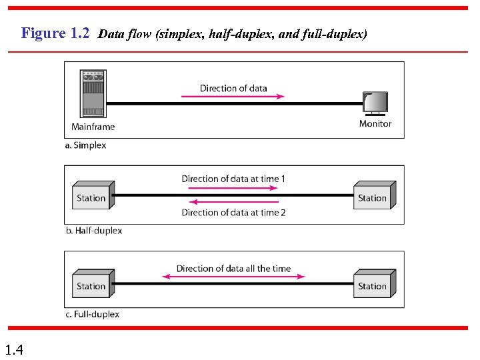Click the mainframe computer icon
point(93,93)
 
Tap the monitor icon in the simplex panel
point(375,103)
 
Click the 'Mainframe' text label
point(93,127)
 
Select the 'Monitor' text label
point(375,123)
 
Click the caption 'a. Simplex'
point(86,145)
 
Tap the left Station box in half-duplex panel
point(93,196)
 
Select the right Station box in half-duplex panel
point(374,196)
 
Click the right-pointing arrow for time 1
point(233,188)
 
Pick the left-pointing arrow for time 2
point(233,203)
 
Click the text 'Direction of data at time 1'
point(233,179)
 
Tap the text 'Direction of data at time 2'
point(233,213)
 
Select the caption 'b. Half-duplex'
point(94,231)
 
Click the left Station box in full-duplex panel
point(93,285)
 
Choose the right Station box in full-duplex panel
point(374,285)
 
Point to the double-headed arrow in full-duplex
point(233,277)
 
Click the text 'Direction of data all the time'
point(233,269)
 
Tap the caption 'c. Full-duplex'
point(93,314)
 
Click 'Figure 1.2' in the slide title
point(55,33)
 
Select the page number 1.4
point(13,349)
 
